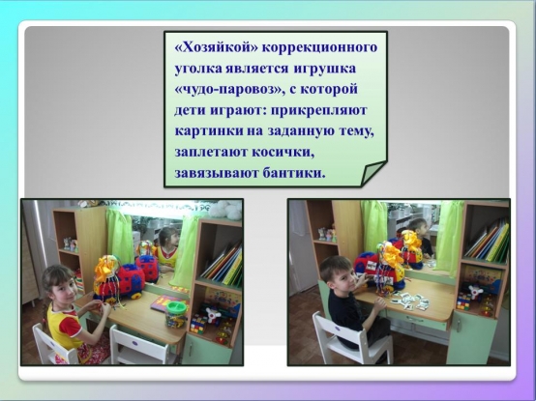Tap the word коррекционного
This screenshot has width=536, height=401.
[319, 48]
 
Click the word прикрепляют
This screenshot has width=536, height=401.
[318, 111]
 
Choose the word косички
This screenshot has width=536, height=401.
[283, 153]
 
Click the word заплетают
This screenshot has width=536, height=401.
[211, 153]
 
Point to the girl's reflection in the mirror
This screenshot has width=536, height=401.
[168, 246]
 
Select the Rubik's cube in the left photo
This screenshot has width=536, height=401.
[197, 324]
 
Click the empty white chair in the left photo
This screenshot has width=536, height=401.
[141, 345]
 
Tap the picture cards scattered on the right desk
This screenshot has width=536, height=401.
[409, 301]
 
